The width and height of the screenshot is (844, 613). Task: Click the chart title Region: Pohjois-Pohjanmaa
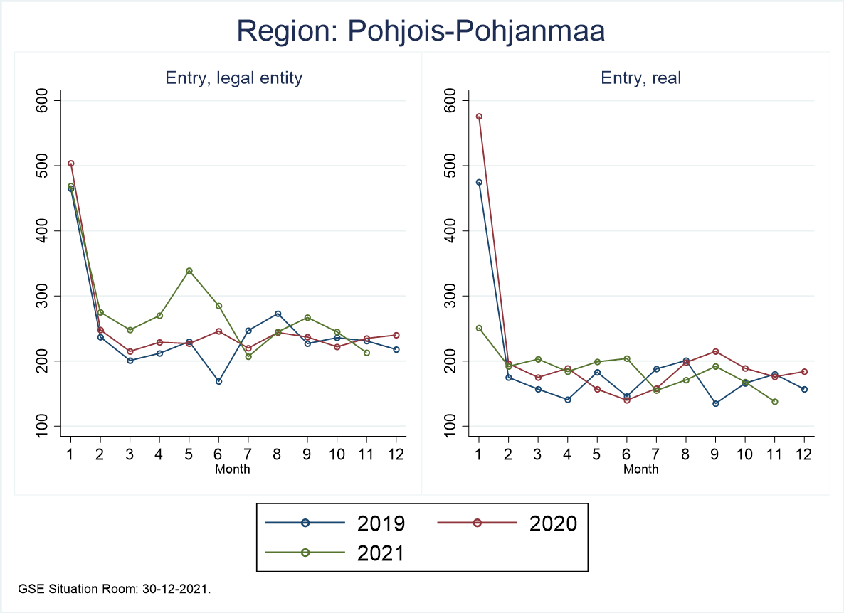[x=421, y=32]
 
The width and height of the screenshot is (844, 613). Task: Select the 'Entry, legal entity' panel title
[x=233, y=78]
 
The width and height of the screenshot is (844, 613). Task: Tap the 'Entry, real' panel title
[x=640, y=78]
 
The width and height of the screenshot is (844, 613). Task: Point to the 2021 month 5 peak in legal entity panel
[x=189, y=271]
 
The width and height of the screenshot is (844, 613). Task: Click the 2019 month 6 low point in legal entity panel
[x=218, y=381]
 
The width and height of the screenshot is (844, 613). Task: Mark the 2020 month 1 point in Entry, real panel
[x=479, y=117]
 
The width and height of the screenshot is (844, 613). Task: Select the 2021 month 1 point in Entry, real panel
[x=479, y=329]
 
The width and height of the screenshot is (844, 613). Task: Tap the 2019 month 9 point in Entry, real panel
[x=715, y=403]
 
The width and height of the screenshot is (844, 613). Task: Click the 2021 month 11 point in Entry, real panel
[x=774, y=402]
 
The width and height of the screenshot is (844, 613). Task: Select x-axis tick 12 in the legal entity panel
[x=396, y=455]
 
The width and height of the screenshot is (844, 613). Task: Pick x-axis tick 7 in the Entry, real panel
[x=656, y=455]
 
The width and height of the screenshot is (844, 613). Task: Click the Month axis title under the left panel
[x=233, y=469]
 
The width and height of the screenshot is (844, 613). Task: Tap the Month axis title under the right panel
[x=640, y=469]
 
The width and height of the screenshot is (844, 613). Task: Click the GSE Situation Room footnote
[x=115, y=589]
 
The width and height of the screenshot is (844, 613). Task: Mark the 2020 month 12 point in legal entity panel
[x=396, y=335]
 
